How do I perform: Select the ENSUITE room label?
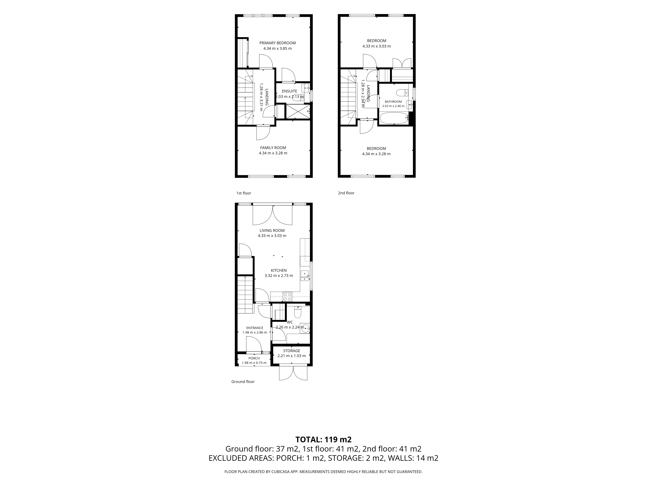pos(290,91)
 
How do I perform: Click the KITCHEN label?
pos(279,270)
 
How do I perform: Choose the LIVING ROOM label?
pos(272,230)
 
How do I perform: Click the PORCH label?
pos(254,358)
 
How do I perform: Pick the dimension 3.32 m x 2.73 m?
pos(279,276)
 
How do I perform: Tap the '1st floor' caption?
pos(244,193)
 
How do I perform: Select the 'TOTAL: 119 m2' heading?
pos(323,440)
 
